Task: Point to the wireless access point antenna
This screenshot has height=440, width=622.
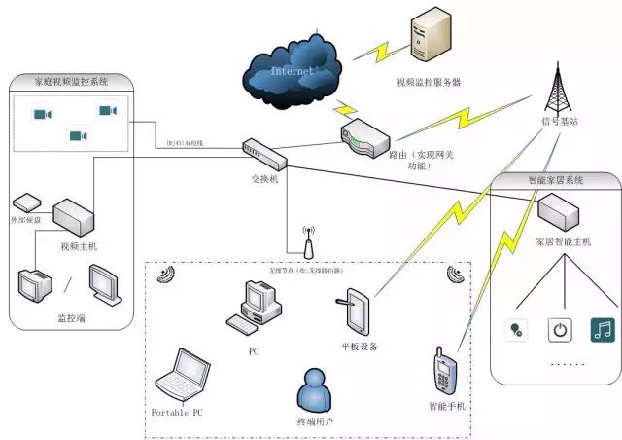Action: click(x=307, y=243)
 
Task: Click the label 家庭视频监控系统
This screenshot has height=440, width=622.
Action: click(x=73, y=82)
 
